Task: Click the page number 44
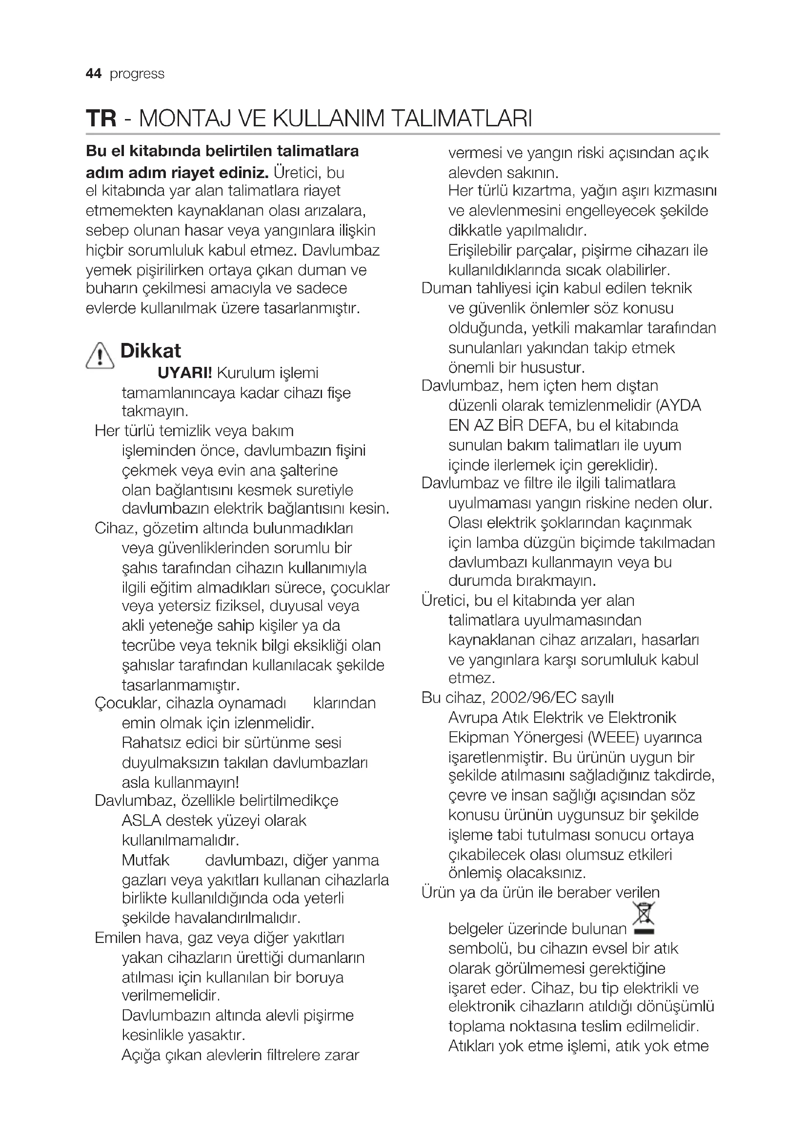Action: [x=93, y=74]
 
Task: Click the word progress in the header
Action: [x=137, y=74]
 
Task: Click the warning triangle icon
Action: [x=100, y=356]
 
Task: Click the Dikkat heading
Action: [x=151, y=351]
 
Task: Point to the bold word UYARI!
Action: [x=185, y=373]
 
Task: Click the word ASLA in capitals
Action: [x=141, y=820]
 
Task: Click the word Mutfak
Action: [x=145, y=860]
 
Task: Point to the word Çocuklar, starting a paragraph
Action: [x=127, y=703]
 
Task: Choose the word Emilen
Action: [x=118, y=938]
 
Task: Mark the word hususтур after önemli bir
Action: [x=553, y=368]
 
